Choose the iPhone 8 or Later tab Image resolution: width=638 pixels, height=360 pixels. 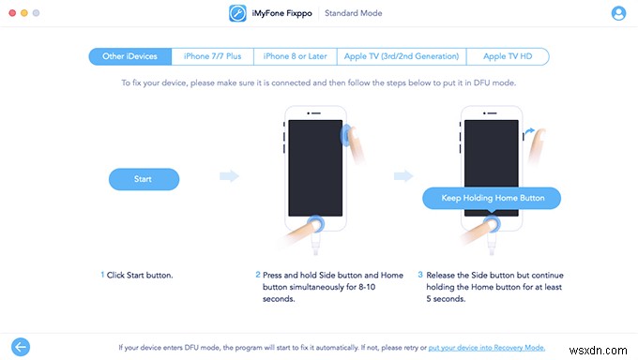tap(295, 56)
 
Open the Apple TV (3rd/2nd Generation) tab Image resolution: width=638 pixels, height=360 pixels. tap(401, 56)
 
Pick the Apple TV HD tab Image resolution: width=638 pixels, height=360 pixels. tap(508, 56)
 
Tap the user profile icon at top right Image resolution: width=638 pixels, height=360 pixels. tap(618, 14)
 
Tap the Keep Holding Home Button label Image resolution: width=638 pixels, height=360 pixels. tap(491, 199)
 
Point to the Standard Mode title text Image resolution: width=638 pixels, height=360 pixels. tap(354, 14)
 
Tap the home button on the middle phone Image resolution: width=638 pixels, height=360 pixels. tap(316, 225)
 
